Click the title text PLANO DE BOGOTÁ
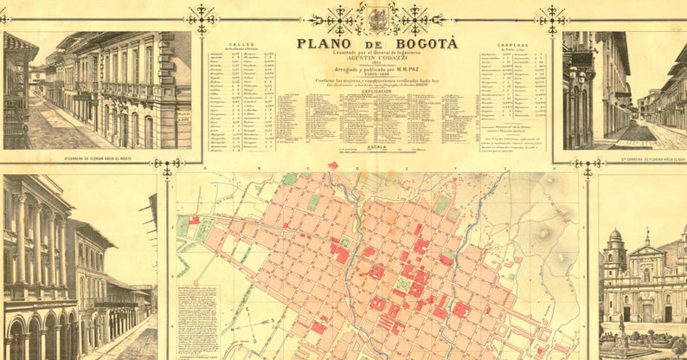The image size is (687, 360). (x=377, y=43)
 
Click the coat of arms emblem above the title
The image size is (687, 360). (x=377, y=18)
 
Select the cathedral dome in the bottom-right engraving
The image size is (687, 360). (x=614, y=235)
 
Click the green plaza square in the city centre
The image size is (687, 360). (x=403, y=284)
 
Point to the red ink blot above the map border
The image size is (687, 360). (x=333, y=164)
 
